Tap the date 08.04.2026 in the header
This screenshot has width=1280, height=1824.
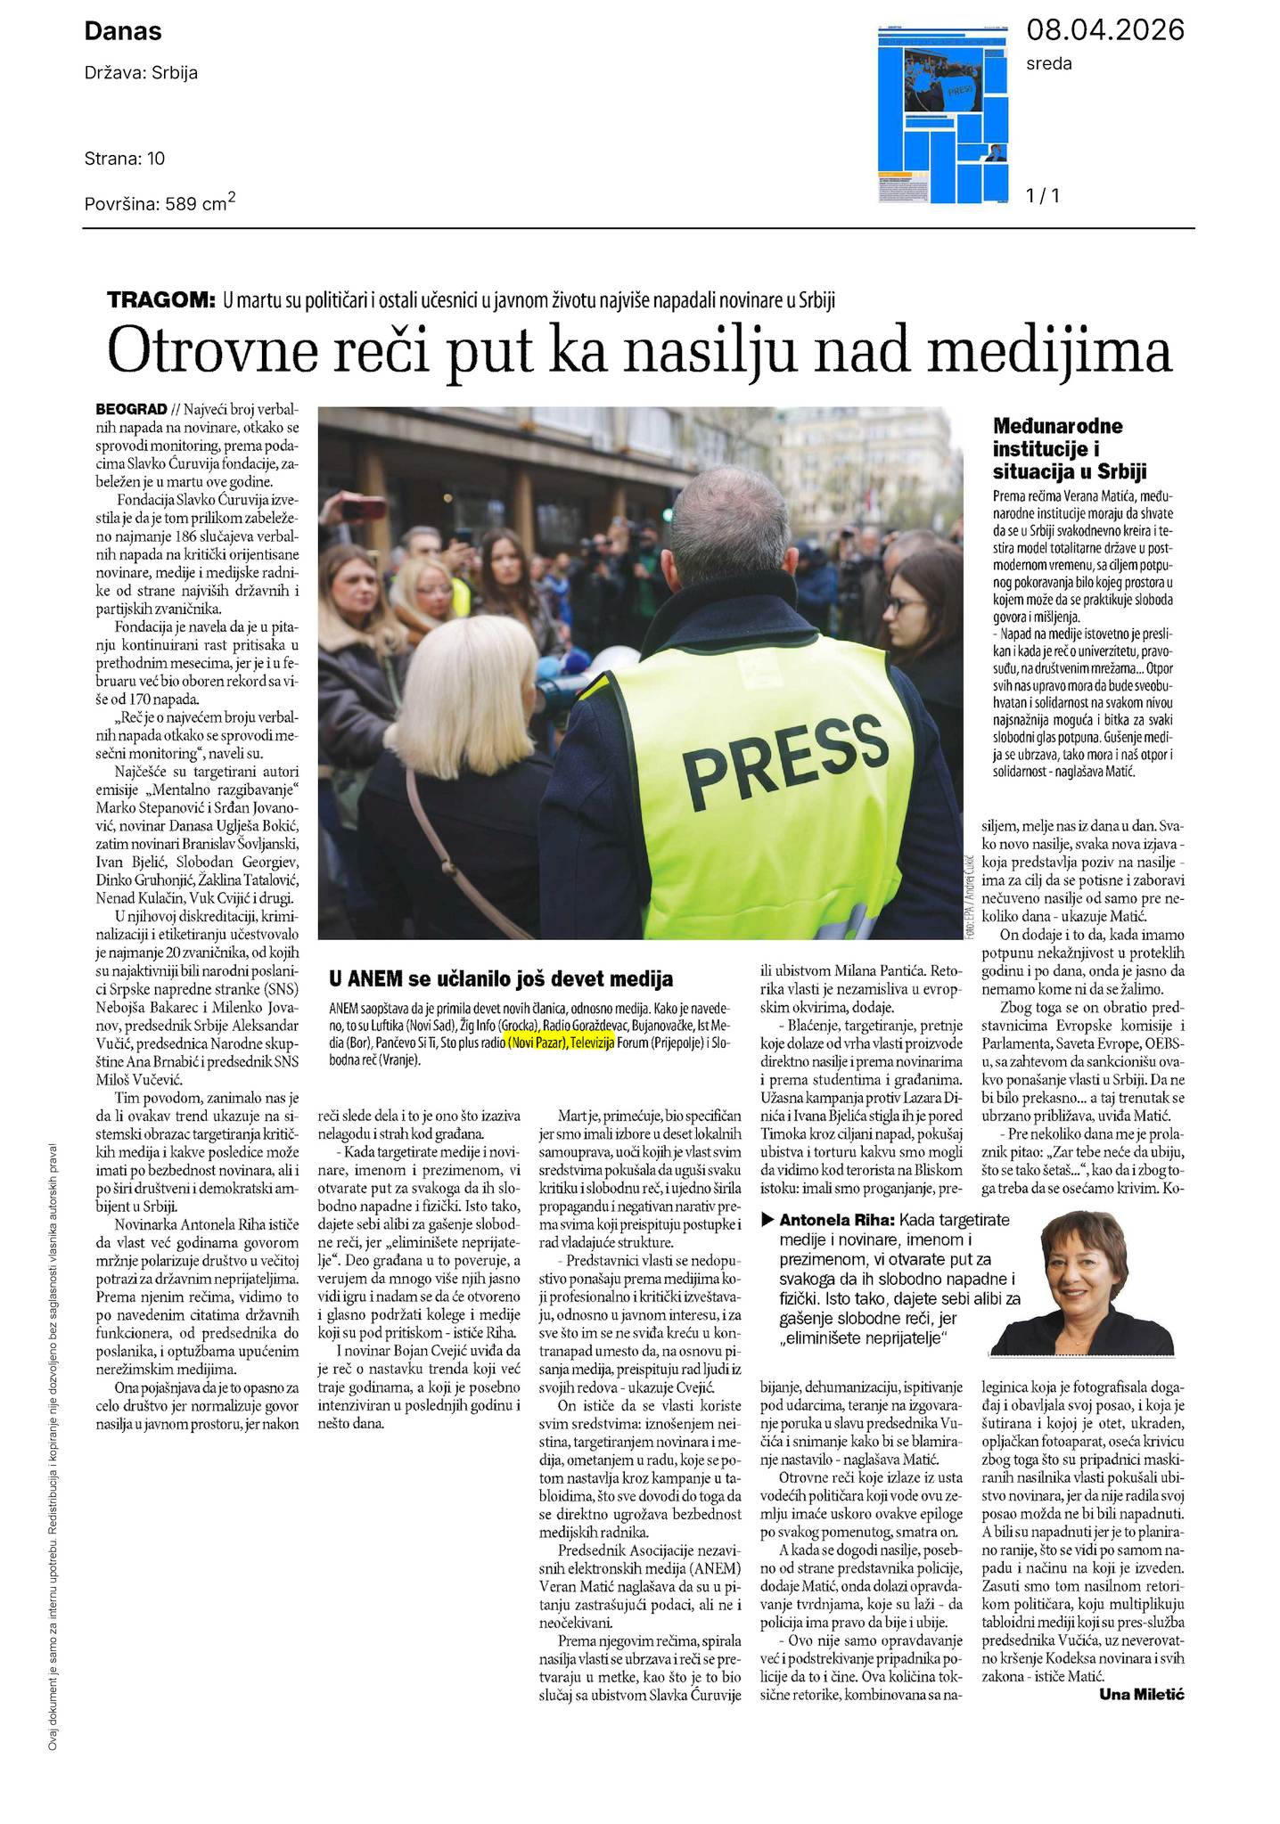(1105, 30)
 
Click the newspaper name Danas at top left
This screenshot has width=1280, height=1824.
(123, 32)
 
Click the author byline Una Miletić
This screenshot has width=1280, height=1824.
(1141, 1694)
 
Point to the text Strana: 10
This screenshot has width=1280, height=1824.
(125, 159)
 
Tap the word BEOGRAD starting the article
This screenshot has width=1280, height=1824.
(131, 409)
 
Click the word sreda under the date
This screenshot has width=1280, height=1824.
(1049, 63)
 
